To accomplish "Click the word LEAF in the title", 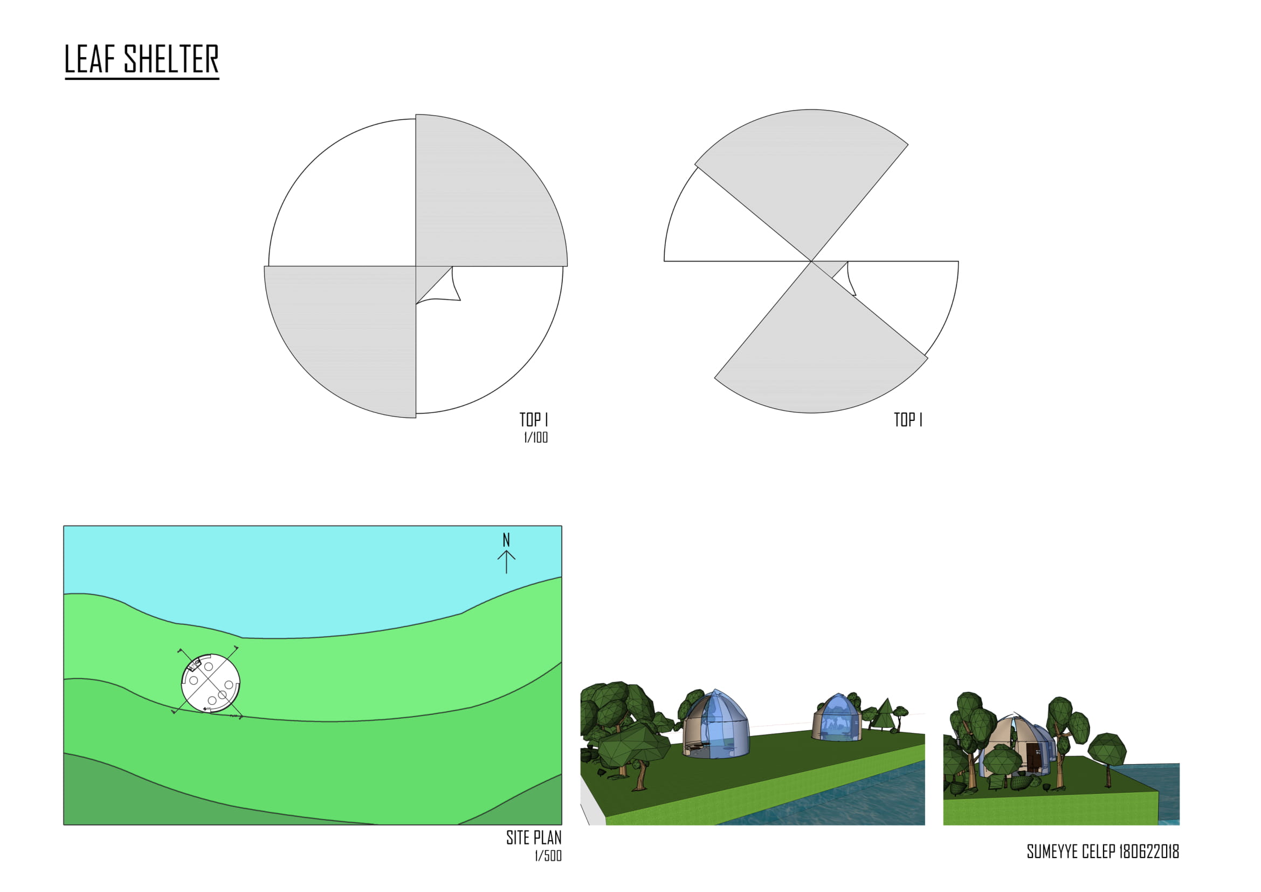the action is pos(90,59).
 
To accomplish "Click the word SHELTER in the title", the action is pos(171,59).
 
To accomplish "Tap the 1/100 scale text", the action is pos(535,438).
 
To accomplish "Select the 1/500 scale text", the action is pos(548,856).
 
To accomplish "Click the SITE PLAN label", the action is pos(534,837).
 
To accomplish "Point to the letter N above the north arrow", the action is pos(506,540).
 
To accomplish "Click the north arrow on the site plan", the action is pos(506,562).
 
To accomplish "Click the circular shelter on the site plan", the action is pos(210,683).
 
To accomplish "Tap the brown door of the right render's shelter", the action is pos(1033,757).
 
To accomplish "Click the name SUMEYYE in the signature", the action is pos(1052,852).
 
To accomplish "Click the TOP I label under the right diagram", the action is pos(908,420).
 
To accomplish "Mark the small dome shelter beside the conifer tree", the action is pos(837,717).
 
